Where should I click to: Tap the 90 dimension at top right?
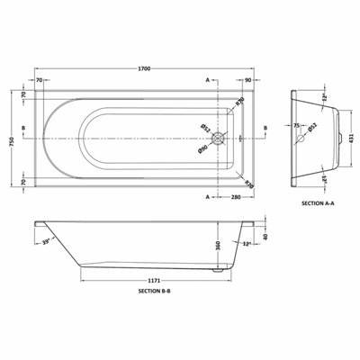click(247, 81)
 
